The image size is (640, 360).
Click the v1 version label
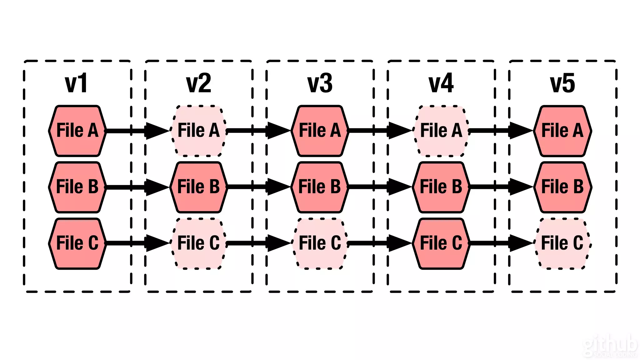(x=76, y=83)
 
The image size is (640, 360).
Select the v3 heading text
(x=320, y=83)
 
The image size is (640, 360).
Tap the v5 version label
(x=562, y=83)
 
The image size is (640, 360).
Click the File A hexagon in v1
(x=77, y=131)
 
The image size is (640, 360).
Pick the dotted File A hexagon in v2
(x=198, y=131)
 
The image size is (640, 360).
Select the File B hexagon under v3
(x=320, y=187)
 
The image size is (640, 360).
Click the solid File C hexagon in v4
(x=441, y=243)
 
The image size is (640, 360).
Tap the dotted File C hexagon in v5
(x=562, y=243)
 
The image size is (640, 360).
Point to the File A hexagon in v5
(x=562, y=131)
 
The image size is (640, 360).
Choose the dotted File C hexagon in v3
(x=320, y=243)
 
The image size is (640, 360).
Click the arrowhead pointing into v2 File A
(x=156, y=131)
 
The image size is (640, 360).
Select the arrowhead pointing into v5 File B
(x=520, y=187)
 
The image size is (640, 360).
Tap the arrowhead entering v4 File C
(x=399, y=243)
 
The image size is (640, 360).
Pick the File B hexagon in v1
(x=77, y=187)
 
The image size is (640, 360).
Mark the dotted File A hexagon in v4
(x=441, y=131)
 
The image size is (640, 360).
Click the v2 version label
(x=198, y=83)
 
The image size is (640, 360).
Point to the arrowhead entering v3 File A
(x=277, y=131)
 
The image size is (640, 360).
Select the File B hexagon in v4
(x=441, y=187)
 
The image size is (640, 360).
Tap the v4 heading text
(x=441, y=83)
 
